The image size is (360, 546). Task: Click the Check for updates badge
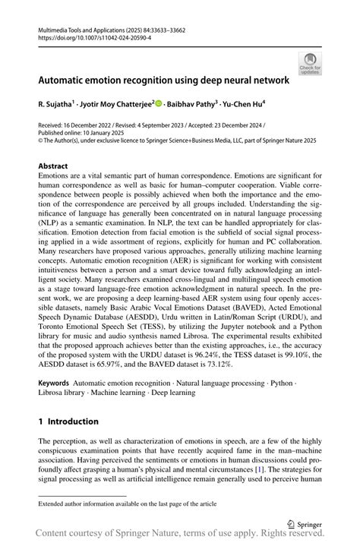tap(311, 63)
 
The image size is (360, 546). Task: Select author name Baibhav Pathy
tap(194, 103)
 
